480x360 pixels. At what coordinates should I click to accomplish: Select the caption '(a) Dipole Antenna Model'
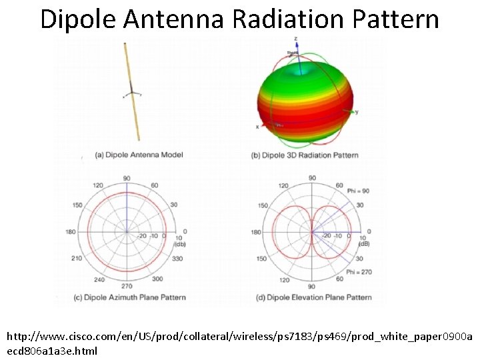pyautogui.click(x=139, y=155)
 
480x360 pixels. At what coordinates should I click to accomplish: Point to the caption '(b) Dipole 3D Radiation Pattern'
pyautogui.click(x=305, y=155)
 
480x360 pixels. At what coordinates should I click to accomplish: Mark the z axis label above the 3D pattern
pyautogui.click(x=296, y=40)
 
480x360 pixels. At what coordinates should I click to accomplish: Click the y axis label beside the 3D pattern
pyautogui.click(x=357, y=112)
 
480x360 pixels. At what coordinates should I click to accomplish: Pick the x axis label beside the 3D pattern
pyautogui.click(x=257, y=127)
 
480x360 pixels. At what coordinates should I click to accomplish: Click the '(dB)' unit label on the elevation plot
pyautogui.click(x=365, y=243)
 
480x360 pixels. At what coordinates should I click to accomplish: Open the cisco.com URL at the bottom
pyautogui.click(x=240, y=343)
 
